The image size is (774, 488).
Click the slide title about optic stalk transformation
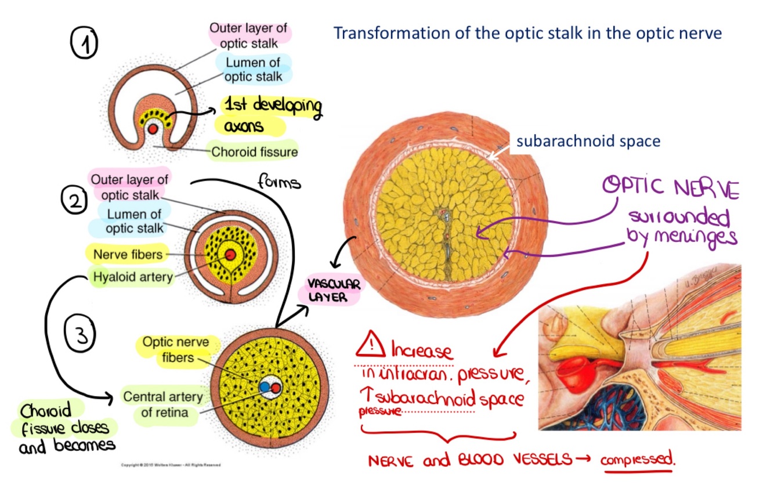click(527, 33)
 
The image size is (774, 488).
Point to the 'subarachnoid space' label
click(588, 141)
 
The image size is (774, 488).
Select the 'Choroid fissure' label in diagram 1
click(254, 152)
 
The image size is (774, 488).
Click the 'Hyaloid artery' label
click(133, 277)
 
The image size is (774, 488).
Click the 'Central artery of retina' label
click(164, 405)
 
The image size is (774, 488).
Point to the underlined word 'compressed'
click(638, 461)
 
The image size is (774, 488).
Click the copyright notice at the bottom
click(171, 465)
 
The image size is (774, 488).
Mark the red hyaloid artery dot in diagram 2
click(231, 255)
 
